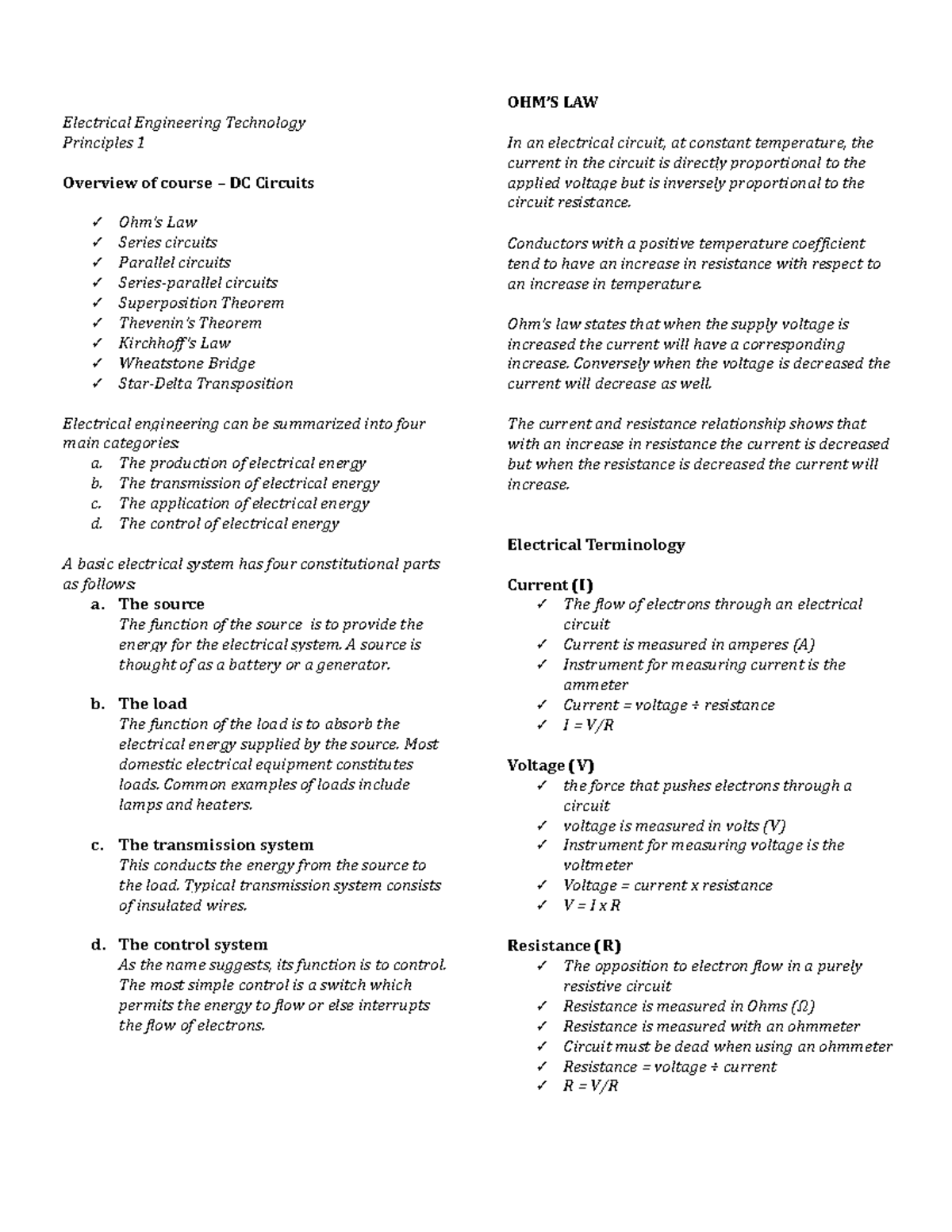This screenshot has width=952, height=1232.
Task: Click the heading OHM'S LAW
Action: [552, 102]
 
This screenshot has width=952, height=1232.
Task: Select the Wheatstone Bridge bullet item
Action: [186, 363]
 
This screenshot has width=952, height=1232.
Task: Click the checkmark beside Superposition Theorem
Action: [97, 303]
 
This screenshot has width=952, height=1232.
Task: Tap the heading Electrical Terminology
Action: [596, 545]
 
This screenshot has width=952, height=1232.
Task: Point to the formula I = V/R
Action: [589, 725]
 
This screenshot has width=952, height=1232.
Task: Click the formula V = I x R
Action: [592, 905]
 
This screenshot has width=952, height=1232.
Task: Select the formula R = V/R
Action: [590, 1086]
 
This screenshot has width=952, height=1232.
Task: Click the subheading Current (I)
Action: [550, 585]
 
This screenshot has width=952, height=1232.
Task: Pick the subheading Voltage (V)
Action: [551, 766]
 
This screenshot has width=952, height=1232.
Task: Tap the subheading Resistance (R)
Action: [563, 946]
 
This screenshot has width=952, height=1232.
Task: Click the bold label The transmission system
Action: [216, 845]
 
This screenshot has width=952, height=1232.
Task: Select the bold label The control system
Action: [193, 945]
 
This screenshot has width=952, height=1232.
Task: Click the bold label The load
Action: [152, 704]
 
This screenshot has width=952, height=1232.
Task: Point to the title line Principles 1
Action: [104, 143]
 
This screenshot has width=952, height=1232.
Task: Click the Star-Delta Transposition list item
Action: [205, 384]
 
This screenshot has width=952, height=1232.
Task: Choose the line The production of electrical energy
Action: [242, 463]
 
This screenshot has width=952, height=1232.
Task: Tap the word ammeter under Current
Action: [595, 685]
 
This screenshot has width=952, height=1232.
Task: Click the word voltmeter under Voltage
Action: [597, 865]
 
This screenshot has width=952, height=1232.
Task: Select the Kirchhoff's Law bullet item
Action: [175, 344]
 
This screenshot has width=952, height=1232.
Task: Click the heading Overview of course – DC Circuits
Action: [188, 183]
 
